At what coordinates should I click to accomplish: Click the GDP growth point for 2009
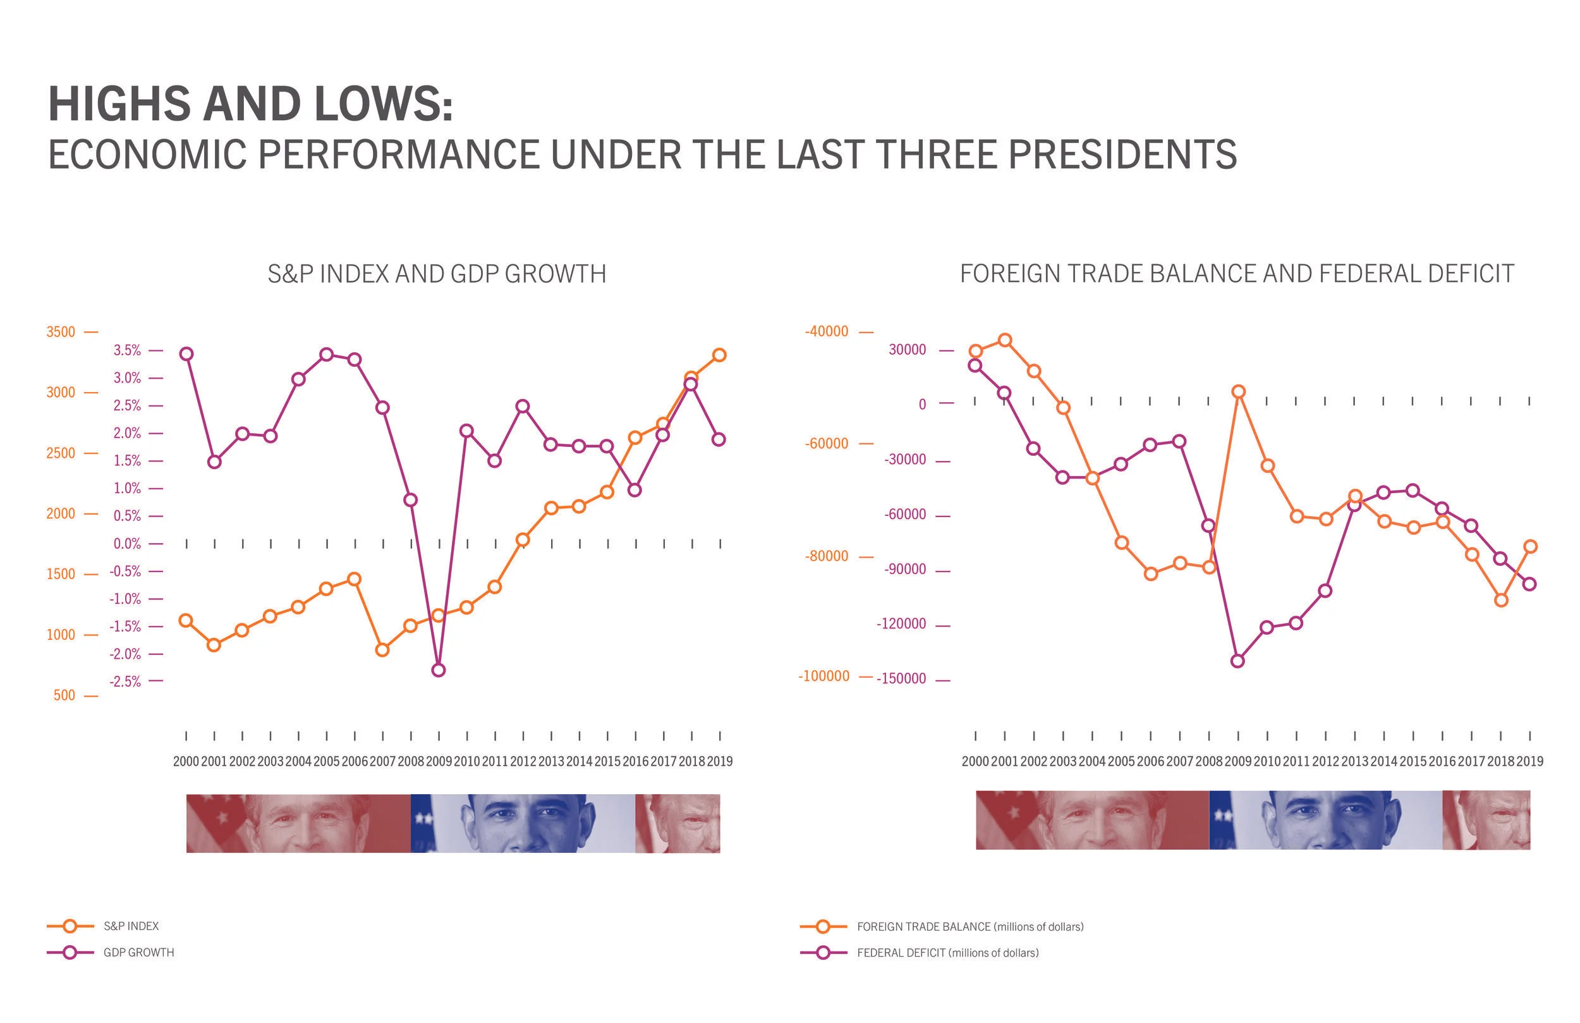[438, 670]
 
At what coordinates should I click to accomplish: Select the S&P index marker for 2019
[719, 355]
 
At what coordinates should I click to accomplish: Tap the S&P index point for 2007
[382, 650]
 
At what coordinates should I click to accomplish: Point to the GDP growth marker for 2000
[186, 354]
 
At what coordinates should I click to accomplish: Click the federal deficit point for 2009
[1237, 661]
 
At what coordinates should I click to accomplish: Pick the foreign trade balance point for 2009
[1238, 392]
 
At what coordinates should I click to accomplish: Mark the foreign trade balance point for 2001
[1005, 340]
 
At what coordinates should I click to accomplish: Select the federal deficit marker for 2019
[1529, 585]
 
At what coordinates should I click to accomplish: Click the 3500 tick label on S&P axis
[61, 331]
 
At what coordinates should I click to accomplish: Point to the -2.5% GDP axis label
[126, 682]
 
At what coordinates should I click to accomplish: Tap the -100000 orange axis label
[823, 677]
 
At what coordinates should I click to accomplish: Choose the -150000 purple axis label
[901, 679]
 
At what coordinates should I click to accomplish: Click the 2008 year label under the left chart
[410, 761]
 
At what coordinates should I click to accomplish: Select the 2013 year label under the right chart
[1354, 761]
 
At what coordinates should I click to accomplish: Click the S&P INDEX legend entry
[131, 926]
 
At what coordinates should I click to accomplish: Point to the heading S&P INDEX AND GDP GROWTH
[437, 274]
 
